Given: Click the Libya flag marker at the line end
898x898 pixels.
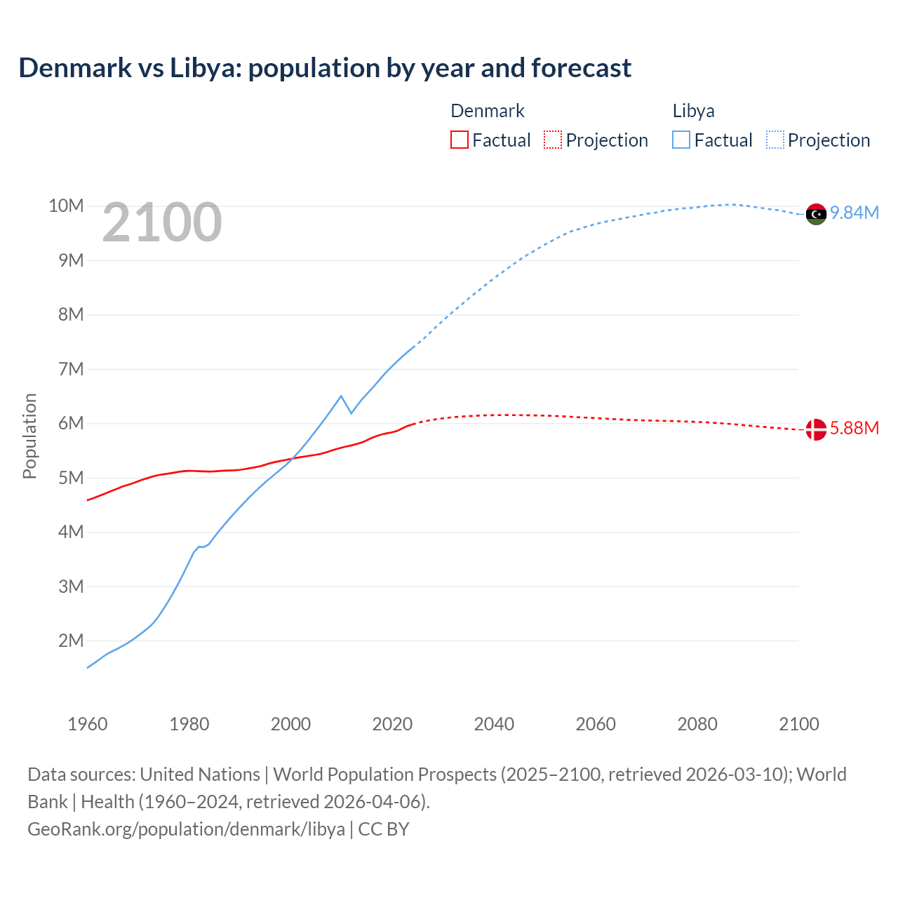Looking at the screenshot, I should tap(816, 214).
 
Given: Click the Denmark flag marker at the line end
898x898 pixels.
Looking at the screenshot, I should tap(816, 429).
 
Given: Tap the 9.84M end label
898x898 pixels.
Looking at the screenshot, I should tap(855, 213).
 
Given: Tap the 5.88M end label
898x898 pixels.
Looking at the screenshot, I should tap(855, 429).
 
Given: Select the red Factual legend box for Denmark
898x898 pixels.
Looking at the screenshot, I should tap(459, 140).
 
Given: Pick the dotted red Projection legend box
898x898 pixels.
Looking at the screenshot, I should tap(553, 140).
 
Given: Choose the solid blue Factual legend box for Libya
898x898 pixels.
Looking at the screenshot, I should tap(681, 140).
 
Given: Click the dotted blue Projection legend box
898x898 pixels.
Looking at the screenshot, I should tap(775, 140).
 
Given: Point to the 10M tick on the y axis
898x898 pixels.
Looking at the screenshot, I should tap(66, 206).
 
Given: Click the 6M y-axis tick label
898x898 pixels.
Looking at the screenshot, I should tap(70, 424).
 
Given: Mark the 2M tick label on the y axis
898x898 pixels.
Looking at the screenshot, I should tap(70, 641).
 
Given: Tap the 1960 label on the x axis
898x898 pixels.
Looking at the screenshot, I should tap(88, 724).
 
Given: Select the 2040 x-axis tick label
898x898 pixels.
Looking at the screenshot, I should tap(494, 724).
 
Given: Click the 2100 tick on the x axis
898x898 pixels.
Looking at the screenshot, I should tap(798, 724).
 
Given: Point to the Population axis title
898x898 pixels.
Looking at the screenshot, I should tap(29, 436).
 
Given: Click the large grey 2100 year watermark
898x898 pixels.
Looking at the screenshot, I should tap(162, 223).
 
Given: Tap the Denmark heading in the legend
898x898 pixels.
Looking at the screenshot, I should tap(487, 111).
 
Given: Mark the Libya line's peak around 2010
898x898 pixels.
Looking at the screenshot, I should tap(341, 396).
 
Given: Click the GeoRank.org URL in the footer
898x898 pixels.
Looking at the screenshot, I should tap(186, 829).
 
